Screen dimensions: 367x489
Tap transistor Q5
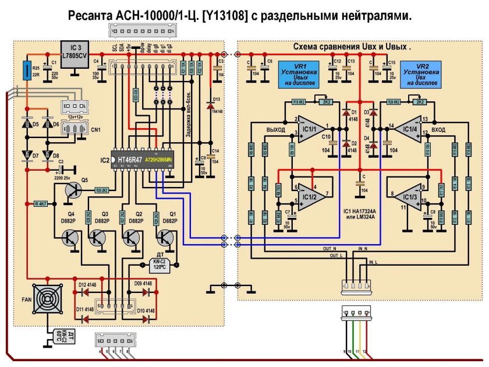[74, 190]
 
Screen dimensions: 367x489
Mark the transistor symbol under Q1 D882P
[166, 237]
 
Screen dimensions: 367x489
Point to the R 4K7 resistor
[41, 204]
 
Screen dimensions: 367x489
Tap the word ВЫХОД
[275, 129]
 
